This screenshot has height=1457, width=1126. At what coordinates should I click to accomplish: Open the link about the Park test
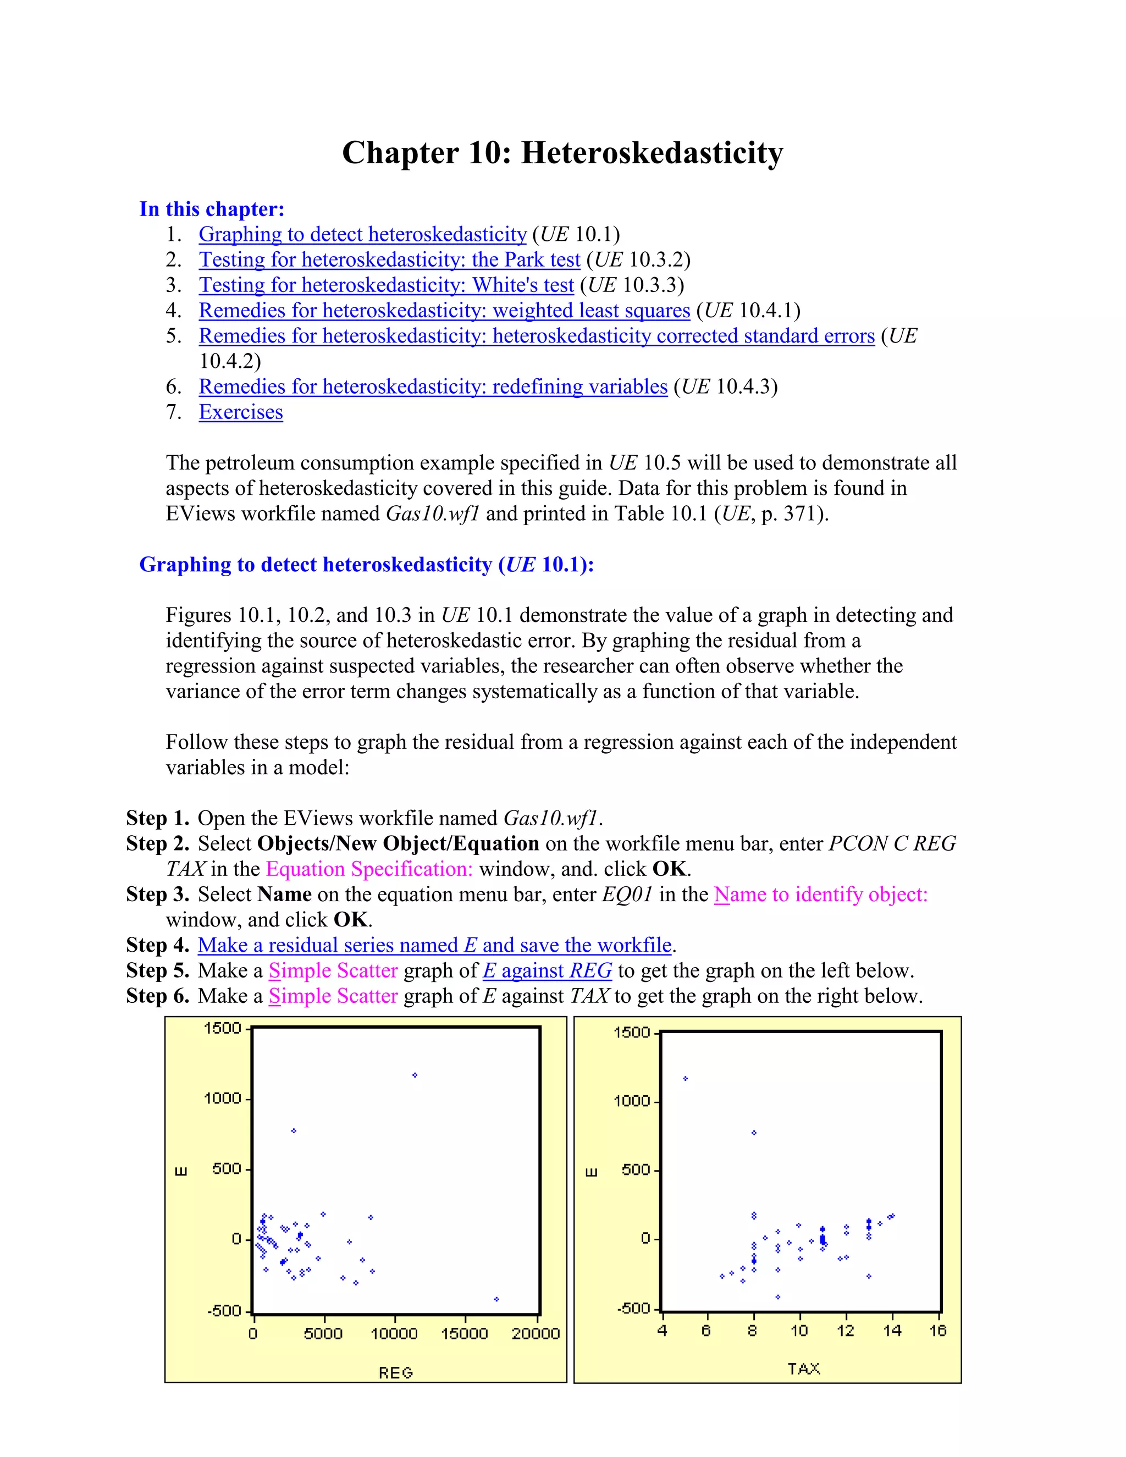(x=390, y=260)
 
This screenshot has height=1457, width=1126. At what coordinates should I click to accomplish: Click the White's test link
(x=386, y=285)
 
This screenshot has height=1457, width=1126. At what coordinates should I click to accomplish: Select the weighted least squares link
(x=444, y=310)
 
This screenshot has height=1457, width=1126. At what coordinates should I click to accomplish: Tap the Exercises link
(x=241, y=412)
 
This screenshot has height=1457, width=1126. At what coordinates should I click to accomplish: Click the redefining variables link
(x=433, y=387)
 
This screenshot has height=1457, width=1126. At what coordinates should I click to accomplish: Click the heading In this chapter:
(x=212, y=209)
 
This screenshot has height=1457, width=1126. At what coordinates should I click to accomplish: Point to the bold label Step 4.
(x=157, y=945)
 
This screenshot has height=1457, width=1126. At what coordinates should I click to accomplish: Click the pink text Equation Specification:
(x=369, y=869)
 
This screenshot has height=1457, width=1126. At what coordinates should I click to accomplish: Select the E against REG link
(x=547, y=970)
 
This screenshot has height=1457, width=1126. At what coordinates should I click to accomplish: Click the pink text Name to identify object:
(x=820, y=895)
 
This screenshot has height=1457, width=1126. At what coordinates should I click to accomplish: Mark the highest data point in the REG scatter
(x=415, y=1075)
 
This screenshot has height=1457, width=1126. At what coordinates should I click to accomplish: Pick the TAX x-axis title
(x=803, y=1369)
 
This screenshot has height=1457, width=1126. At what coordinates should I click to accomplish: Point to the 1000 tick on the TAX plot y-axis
(x=631, y=1101)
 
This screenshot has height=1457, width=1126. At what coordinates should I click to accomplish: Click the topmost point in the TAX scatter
(x=686, y=1079)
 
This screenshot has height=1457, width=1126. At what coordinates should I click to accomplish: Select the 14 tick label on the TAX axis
(x=892, y=1331)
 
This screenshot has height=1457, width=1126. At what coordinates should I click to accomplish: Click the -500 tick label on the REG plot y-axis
(x=224, y=1311)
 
